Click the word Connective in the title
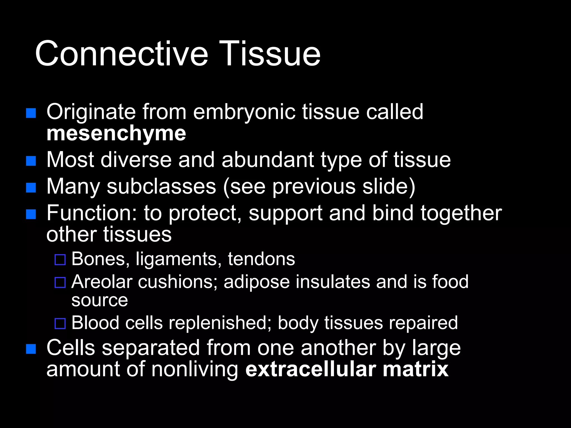pyautogui.click(x=121, y=53)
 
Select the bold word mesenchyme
pyautogui.click(x=116, y=134)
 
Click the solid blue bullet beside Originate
pyautogui.click(x=31, y=113)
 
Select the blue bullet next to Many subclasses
pyautogui.click(x=31, y=188)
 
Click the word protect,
pyautogui.click(x=205, y=213)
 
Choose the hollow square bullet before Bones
pyautogui.click(x=60, y=260)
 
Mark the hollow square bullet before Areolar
pyautogui.click(x=60, y=283)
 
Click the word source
pyautogui.click(x=100, y=300)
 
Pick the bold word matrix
pyautogui.click(x=415, y=369)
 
